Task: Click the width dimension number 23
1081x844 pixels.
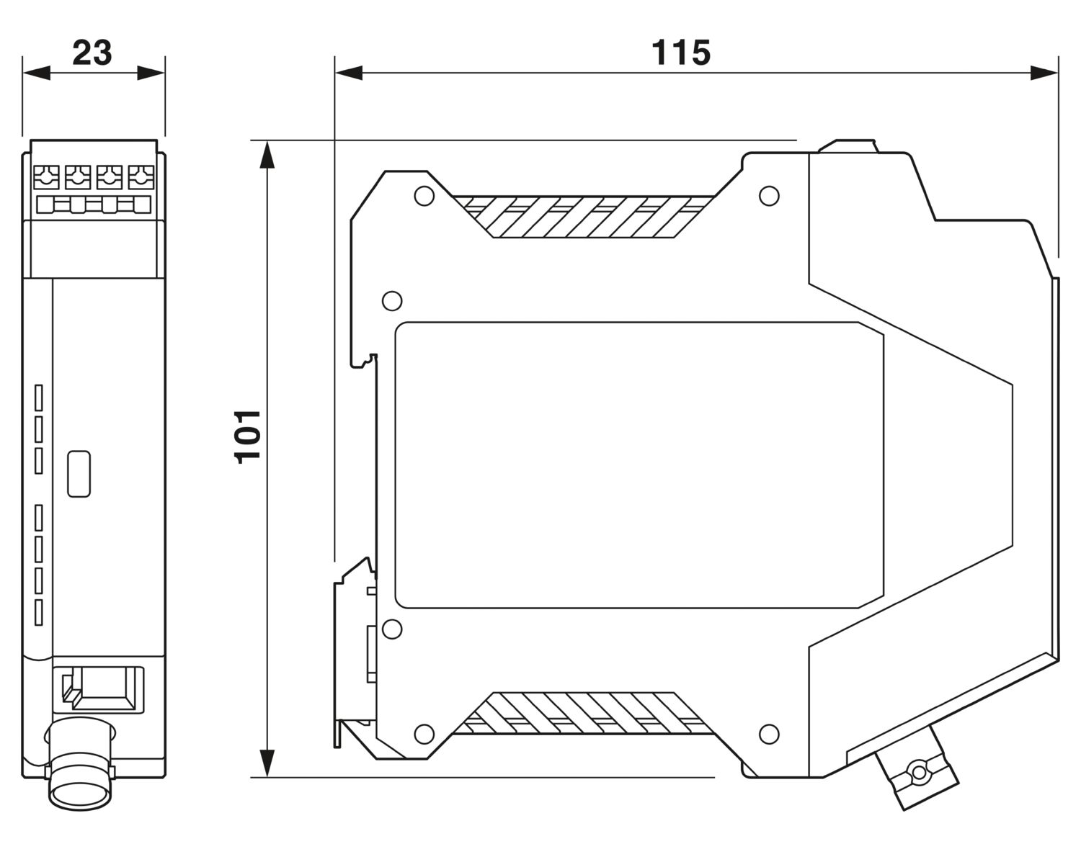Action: (x=92, y=53)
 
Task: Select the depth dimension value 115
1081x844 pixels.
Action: (x=680, y=53)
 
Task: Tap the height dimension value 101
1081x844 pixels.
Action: (x=248, y=436)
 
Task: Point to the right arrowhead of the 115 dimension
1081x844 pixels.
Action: (x=1044, y=72)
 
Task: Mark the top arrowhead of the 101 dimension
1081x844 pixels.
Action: (x=267, y=155)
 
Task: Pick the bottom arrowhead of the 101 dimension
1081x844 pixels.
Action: (x=267, y=763)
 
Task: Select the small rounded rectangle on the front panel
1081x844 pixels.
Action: (x=79, y=473)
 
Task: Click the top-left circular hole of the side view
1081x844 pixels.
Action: (x=424, y=196)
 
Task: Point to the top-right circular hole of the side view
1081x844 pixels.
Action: (x=769, y=196)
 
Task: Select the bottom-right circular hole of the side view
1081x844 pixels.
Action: (x=769, y=734)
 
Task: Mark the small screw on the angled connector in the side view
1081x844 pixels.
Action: (x=919, y=773)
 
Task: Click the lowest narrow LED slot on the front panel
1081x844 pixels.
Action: (x=39, y=612)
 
